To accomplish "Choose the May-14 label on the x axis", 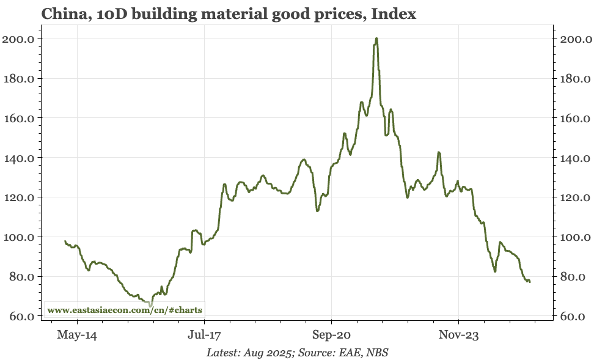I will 77,335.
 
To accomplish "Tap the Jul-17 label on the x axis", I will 204,335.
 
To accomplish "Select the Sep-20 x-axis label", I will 331,335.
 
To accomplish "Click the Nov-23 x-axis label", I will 458,335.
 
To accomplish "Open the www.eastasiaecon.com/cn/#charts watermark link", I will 125,310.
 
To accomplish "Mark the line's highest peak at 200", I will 376,39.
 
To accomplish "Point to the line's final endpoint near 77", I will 530,282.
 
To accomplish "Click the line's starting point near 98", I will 65,241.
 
